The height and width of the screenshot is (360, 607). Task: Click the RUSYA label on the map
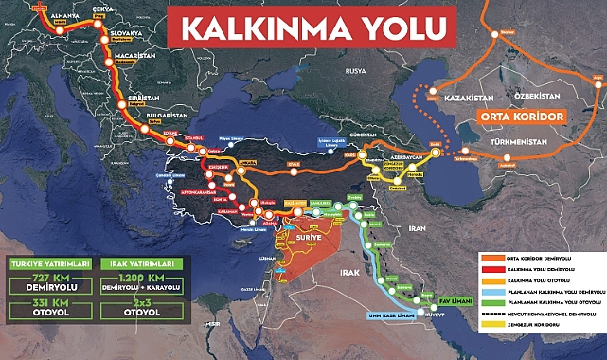pos(354,71)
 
